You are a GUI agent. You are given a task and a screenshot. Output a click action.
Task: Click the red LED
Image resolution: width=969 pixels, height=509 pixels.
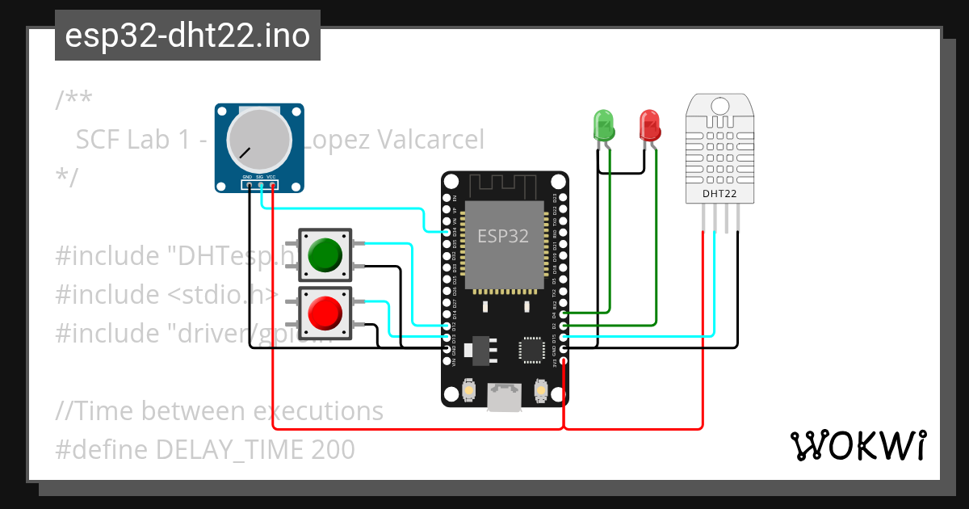pos(649,125)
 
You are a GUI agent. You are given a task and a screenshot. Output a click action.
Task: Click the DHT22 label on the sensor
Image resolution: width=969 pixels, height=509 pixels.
pos(719,194)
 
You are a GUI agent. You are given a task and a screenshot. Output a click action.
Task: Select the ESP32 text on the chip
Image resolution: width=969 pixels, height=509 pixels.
pos(503,236)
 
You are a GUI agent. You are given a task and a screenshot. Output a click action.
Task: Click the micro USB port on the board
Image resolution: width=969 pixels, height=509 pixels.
pos(505,397)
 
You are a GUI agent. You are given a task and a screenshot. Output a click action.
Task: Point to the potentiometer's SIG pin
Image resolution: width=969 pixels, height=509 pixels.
pos(262,186)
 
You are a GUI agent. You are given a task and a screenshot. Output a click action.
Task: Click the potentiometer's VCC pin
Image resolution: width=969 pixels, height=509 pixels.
pos(273,186)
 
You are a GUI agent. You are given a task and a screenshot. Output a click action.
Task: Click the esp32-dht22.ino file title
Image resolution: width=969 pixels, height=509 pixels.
pos(187,36)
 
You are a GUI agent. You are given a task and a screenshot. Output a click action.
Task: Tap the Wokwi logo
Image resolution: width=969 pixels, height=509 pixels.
pos(857,445)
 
